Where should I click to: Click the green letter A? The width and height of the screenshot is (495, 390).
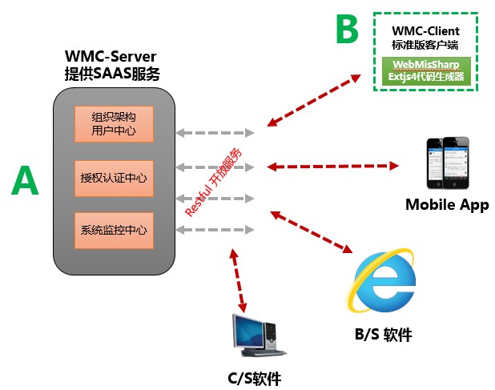[25, 182]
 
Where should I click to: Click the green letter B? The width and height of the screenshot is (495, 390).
[346, 30]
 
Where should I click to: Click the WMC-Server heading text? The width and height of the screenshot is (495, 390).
[111, 57]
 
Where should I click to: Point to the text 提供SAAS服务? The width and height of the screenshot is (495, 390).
[111, 74]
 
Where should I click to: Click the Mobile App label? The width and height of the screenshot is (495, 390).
[446, 204]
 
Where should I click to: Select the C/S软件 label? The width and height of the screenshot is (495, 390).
[254, 378]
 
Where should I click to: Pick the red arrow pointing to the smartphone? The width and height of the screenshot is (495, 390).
[332, 167]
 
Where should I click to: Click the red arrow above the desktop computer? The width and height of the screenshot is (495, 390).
[237, 279]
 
